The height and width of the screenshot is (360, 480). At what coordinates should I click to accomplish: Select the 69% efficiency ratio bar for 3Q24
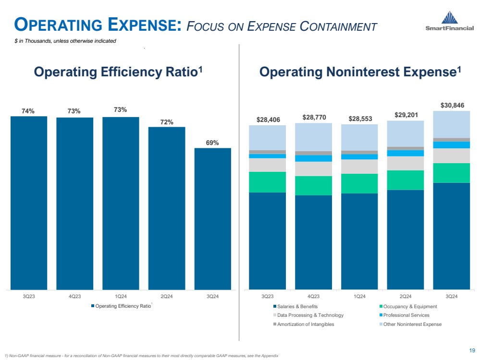click(x=212, y=218)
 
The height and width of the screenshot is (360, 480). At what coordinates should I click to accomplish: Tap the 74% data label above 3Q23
click(x=28, y=111)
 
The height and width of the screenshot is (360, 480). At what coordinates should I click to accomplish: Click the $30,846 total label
click(x=452, y=105)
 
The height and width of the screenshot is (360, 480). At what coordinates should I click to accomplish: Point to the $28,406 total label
click(x=268, y=119)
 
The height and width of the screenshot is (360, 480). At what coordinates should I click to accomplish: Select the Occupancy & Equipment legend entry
click(x=409, y=307)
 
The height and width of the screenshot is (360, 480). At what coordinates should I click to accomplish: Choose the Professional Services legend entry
click(x=405, y=315)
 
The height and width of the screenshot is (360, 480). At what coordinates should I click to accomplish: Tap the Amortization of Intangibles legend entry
click(x=305, y=324)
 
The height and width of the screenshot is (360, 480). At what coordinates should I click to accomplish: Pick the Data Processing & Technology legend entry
click(x=310, y=315)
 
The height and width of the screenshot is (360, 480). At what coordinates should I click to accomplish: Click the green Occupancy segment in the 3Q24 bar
click(x=451, y=173)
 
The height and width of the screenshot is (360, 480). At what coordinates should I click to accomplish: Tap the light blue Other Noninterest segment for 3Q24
click(x=451, y=124)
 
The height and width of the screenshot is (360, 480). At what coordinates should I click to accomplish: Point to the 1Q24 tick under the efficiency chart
click(x=121, y=296)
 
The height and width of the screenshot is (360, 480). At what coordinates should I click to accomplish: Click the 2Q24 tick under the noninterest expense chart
click(x=405, y=296)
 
